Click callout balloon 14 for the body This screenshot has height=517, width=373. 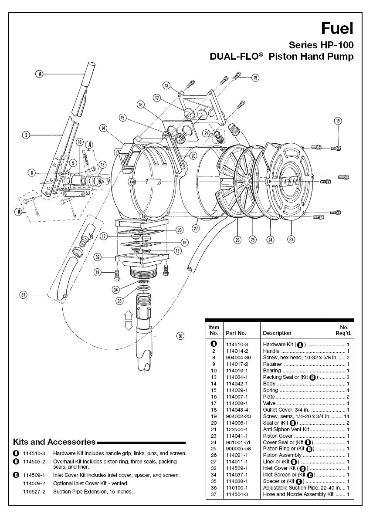pos(104,128)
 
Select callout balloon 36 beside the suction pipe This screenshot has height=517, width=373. pos(180,336)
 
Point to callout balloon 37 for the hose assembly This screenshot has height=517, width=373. pos(23,295)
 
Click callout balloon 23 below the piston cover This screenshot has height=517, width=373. pos(291,240)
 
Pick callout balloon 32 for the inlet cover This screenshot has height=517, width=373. pos(97,257)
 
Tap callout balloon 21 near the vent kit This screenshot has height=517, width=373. pos(207,133)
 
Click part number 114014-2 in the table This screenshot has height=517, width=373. pos(237,351)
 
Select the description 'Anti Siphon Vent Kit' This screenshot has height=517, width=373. pos(286,429)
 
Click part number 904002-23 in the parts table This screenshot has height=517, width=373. pos(238,416)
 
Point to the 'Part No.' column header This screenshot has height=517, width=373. pos(236,333)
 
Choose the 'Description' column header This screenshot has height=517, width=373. pos(277,333)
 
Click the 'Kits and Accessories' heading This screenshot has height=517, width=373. pos(54,442)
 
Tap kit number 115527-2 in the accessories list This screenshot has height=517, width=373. pos(34,492)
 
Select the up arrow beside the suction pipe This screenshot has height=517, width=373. pos(128,318)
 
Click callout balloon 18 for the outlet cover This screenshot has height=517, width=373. pos(166,86)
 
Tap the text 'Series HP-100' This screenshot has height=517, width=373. pos(321,44)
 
